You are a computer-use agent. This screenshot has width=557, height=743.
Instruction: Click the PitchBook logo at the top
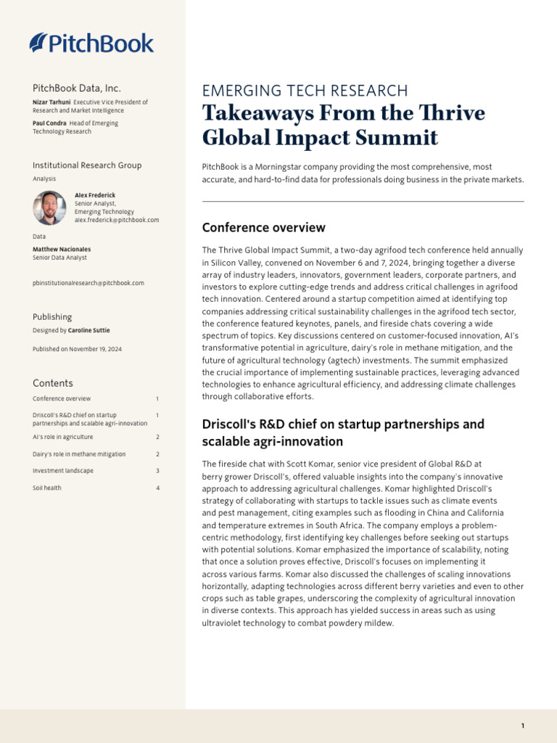point(91,43)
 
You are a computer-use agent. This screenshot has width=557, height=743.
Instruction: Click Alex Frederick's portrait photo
point(49,208)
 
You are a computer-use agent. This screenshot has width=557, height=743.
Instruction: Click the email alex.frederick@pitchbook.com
point(117,220)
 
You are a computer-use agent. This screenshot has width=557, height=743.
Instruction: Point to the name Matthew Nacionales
point(62,250)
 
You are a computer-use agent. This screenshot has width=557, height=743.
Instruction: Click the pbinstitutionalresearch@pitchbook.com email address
point(88,283)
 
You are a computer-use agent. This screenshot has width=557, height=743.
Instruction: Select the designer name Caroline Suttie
point(89,330)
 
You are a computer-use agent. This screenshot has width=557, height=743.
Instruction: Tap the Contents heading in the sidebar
point(53,383)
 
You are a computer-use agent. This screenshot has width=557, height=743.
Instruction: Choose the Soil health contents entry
point(47,488)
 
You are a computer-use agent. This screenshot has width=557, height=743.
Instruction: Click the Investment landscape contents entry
point(62,471)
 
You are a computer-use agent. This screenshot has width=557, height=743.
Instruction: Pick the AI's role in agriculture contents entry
point(63,438)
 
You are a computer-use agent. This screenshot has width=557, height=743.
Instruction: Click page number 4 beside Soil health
point(157,488)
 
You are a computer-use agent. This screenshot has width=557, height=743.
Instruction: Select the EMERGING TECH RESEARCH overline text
point(305,91)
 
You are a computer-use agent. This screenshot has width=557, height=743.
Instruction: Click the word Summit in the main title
point(402,138)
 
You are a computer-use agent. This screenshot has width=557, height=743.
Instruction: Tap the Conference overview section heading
point(264,228)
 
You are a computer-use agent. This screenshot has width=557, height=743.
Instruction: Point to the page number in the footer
point(522,726)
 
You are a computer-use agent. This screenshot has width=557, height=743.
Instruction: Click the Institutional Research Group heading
point(87,165)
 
